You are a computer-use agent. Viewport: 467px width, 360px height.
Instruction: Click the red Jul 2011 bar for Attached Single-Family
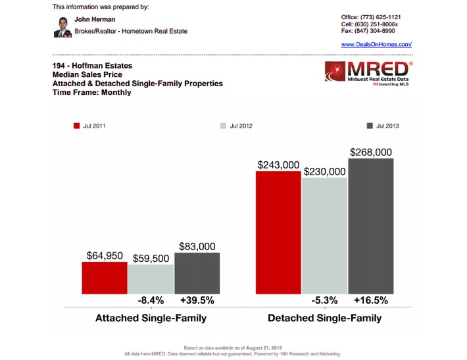[105, 277]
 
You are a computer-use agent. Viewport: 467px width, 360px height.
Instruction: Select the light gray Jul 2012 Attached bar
[151, 278]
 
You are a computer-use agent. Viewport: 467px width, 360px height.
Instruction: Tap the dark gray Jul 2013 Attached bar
[197, 272]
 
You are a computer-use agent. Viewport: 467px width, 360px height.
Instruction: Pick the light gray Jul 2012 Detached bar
[324, 235]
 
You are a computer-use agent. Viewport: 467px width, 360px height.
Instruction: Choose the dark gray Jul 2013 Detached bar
[370, 226]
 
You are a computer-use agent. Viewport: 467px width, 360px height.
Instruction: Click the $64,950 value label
[105, 255]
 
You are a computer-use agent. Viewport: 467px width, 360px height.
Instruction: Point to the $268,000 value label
[372, 151]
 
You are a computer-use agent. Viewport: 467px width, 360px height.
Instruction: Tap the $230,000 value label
[324, 171]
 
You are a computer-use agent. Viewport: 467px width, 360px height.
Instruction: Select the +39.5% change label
[197, 301]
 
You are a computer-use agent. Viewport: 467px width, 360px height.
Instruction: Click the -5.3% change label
[325, 301]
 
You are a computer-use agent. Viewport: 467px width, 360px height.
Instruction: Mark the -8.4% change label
[151, 301]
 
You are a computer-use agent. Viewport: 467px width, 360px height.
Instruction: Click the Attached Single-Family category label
[151, 319]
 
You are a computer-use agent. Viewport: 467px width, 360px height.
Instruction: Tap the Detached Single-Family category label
[324, 319]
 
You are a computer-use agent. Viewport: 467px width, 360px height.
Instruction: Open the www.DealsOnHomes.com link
[376, 44]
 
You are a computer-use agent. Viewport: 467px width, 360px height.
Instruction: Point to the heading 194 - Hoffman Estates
[91, 66]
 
